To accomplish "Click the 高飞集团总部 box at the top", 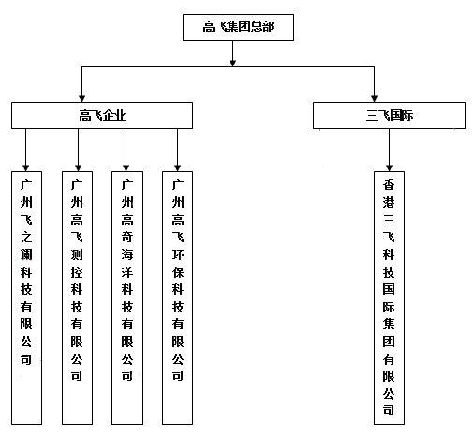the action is [238, 27].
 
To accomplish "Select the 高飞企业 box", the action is [102, 115].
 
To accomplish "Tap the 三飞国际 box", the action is [389, 115].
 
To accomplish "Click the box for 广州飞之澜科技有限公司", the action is [26, 298].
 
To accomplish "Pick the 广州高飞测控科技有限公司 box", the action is [77, 298].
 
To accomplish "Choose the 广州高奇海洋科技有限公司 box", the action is [127, 298].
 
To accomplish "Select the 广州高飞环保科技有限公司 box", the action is [177, 298].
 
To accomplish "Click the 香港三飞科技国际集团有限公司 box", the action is [389, 298].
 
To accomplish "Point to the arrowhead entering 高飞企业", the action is [81, 99].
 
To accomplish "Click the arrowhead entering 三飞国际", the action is [374, 99].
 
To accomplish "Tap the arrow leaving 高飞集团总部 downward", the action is [232, 53].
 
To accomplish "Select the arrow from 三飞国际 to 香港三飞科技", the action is [389, 150].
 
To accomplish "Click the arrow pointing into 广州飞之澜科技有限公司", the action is [26, 150].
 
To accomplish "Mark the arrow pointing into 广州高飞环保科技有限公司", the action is [177, 150].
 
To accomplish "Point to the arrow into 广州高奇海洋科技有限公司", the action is [126, 150].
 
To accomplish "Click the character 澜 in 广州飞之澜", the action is [26, 254].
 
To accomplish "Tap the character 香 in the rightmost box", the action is [389, 184].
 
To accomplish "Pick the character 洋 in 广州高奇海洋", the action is [127, 272].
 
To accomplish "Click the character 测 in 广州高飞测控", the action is [77, 254].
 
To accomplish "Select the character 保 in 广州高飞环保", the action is [178, 272].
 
